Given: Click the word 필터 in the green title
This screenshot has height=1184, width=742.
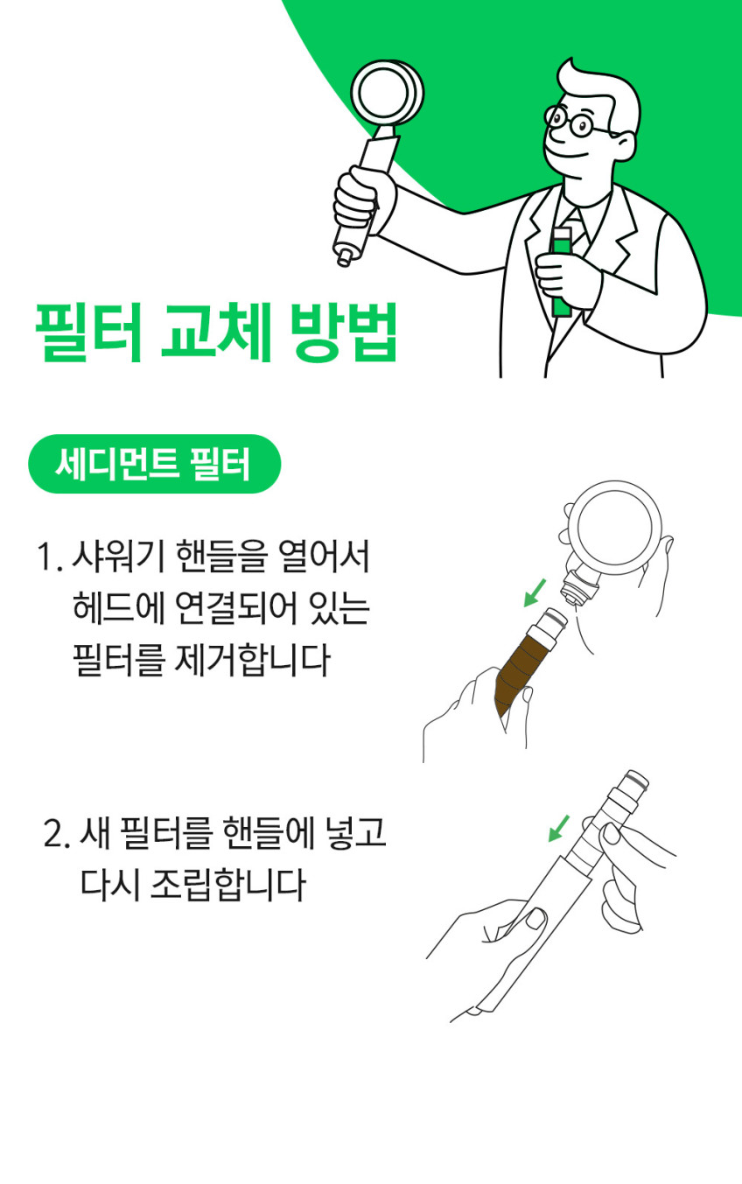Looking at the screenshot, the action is pos(88,332).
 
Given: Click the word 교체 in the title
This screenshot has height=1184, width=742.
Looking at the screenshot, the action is pos(215,332).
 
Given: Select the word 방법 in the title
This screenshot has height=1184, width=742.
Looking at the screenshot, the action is pos(344,332).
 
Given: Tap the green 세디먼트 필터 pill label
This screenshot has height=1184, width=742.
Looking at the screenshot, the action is pos(154,464).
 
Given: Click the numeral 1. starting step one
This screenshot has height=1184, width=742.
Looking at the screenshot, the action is pos(50,557).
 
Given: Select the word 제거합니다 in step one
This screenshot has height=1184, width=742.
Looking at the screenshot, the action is pos(251,660).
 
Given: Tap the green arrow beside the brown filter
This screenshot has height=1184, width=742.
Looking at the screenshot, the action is pos(535,593).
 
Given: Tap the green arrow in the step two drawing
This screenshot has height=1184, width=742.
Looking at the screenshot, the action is pos(558,828).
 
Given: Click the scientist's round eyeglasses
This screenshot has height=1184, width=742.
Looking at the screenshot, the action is pos(576,121).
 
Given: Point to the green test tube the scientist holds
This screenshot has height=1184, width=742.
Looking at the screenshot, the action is pos(561,272).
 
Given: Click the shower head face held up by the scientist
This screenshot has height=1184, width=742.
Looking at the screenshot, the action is pos(387,94).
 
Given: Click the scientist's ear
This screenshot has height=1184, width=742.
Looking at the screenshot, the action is pos(626,146).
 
